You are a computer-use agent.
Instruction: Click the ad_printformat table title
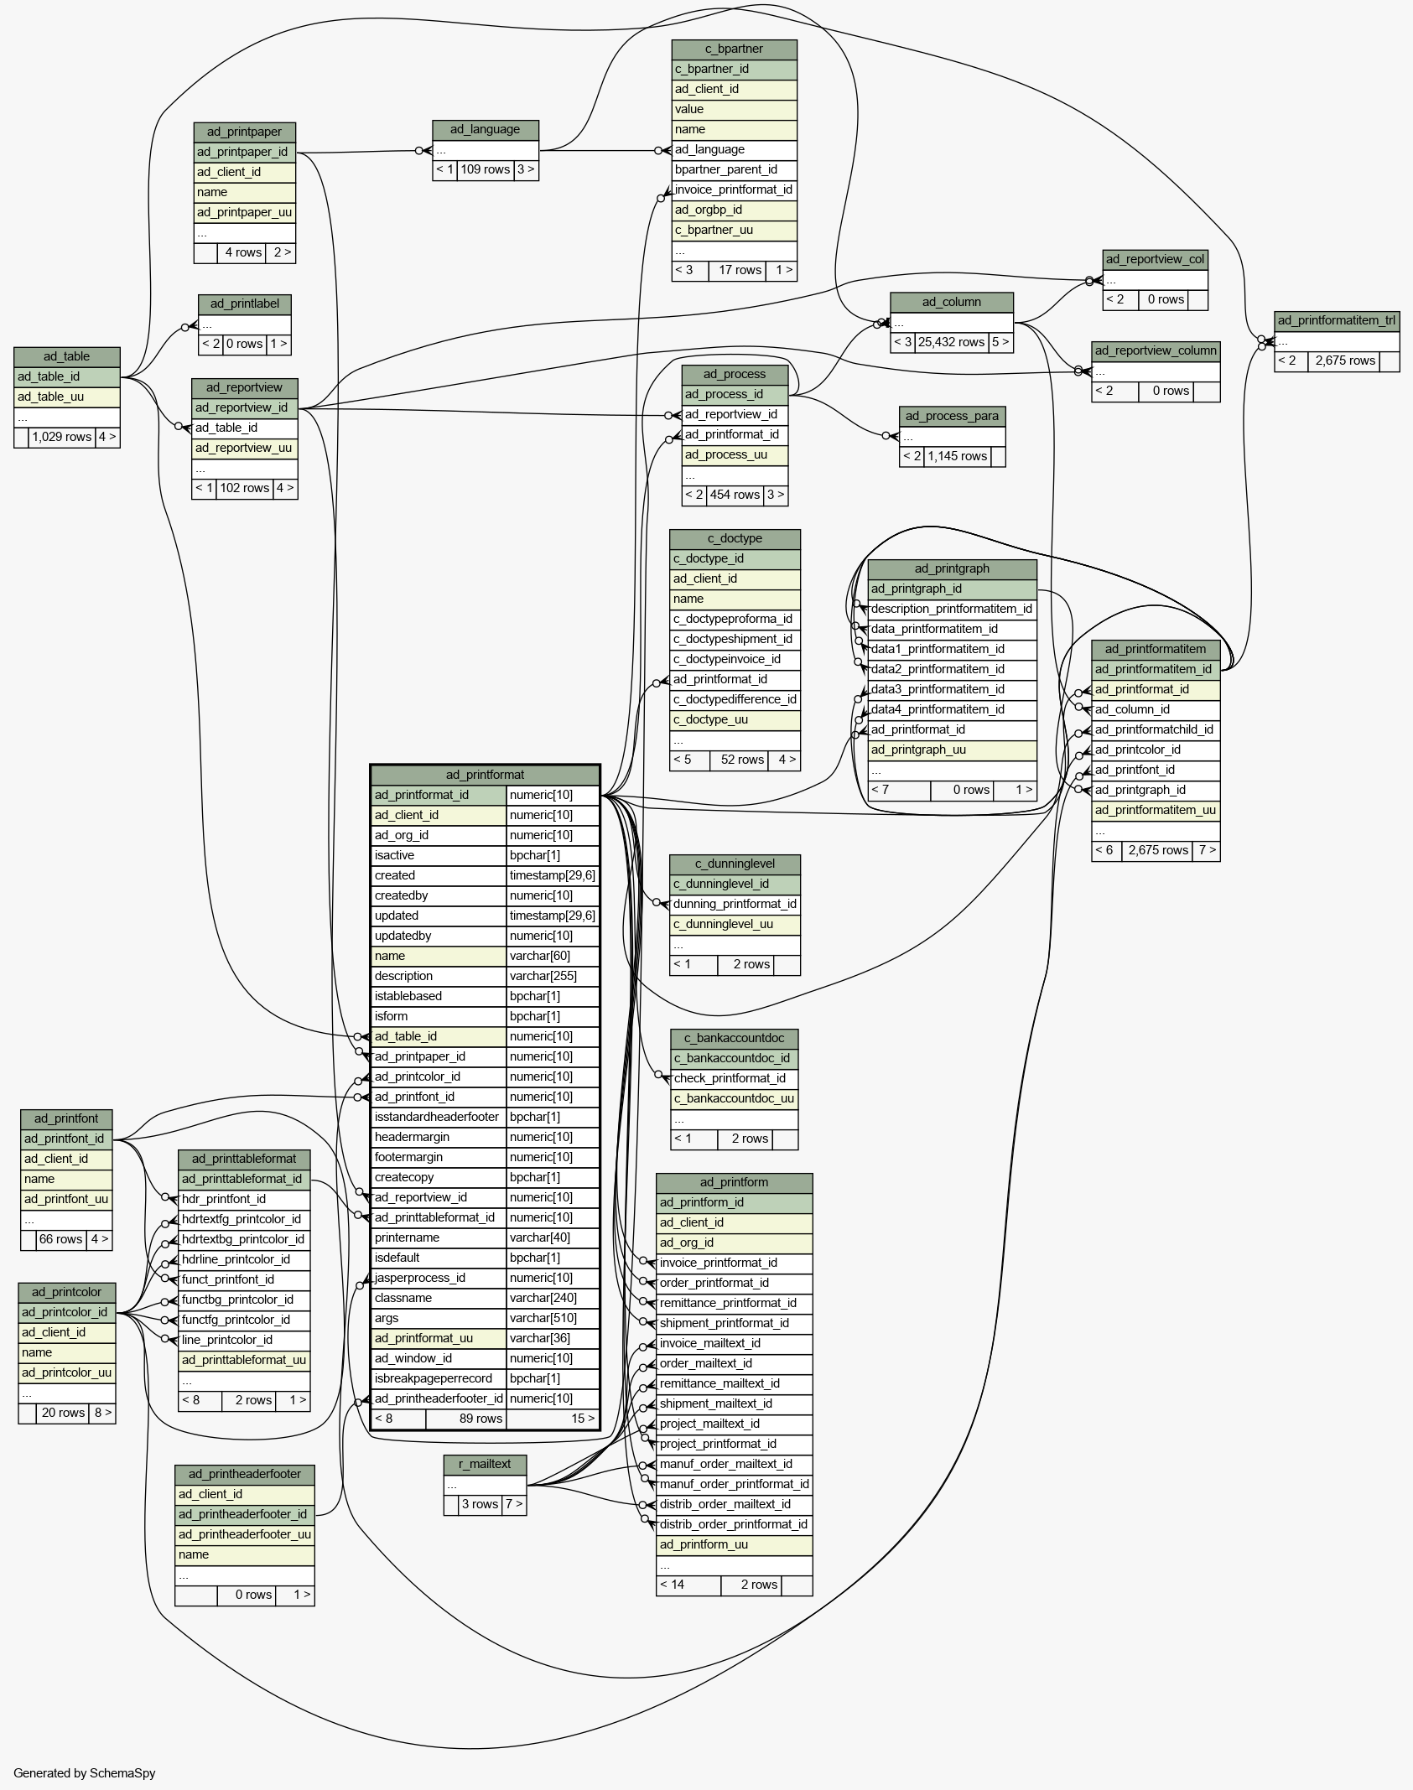coord(485,775)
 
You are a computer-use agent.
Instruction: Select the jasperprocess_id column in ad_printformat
coord(420,1278)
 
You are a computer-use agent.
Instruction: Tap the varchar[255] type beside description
coord(542,976)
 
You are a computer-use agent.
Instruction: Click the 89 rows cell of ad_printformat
coord(481,1419)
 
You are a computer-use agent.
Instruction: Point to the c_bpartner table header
coord(734,49)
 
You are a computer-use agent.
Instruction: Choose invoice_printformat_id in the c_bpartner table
coord(734,189)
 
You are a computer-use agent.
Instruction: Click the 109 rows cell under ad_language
coord(485,169)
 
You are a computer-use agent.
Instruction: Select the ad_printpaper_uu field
coord(244,212)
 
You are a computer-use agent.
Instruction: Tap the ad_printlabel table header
coord(245,304)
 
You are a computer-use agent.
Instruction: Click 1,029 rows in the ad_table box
coord(61,437)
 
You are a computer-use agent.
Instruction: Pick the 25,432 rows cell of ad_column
coord(950,342)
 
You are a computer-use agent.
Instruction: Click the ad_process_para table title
coord(952,416)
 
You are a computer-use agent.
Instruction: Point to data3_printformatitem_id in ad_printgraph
coord(938,689)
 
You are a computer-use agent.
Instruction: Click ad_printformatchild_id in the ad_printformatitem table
coord(1154,729)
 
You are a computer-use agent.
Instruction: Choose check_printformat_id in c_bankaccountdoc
coord(730,1078)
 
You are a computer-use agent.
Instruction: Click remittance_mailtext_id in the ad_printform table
coord(719,1383)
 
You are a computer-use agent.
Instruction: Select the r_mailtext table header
coord(485,1464)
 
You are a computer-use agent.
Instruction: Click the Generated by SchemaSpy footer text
coord(85,1772)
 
